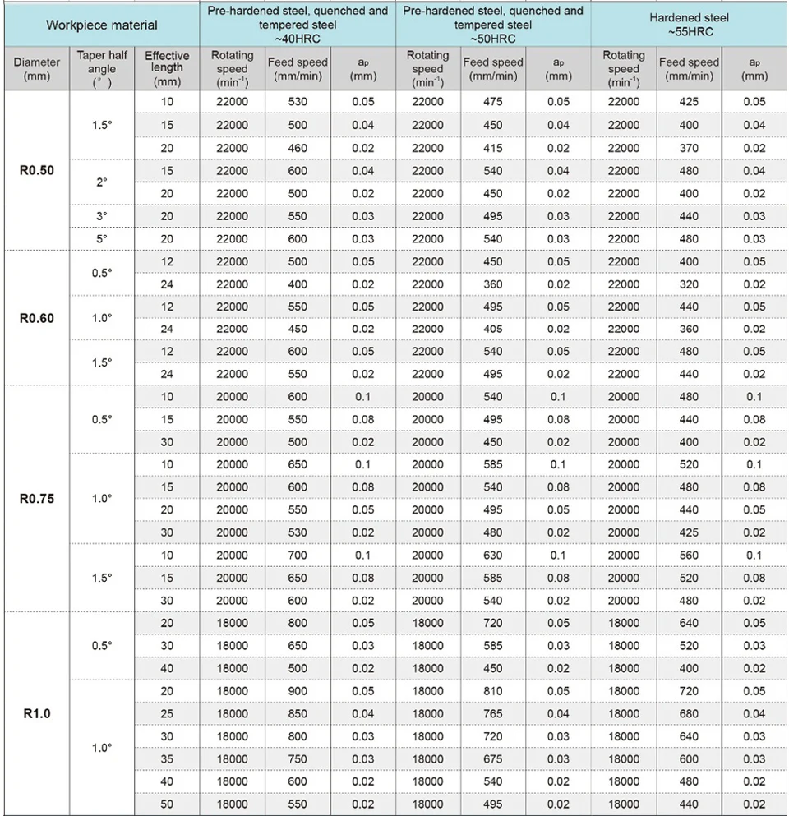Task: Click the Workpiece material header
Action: [101, 25]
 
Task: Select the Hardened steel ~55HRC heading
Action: [689, 24]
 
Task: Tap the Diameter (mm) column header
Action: [36, 69]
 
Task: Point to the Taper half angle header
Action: [102, 69]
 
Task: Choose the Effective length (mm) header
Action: [167, 69]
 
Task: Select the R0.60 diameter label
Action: [36, 318]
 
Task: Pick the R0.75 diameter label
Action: [36, 499]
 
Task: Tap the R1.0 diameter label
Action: [36, 713]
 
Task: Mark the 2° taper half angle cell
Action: [102, 182]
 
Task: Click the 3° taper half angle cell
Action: [102, 216]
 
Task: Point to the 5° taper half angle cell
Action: [102, 239]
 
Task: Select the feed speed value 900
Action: [298, 691]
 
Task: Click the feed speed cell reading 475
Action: [493, 102]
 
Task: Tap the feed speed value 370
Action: [689, 148]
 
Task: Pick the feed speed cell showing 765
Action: [493, 713]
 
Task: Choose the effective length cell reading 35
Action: [167, 759]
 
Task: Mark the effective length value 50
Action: [167, 804]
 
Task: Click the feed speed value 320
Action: [689, 284]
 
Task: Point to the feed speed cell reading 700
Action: [298, 556]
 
